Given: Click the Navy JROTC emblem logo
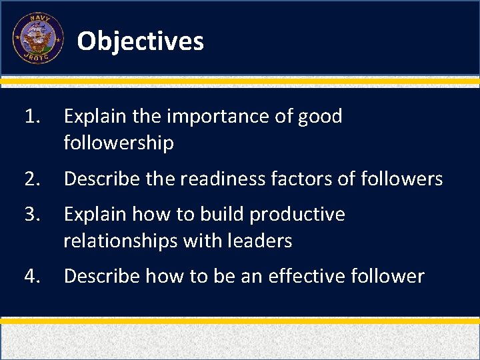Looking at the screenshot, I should [38, 39].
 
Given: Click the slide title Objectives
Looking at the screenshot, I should [140, 41].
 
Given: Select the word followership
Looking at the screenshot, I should [119, 143].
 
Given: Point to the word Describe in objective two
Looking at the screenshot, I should [100, 179].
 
